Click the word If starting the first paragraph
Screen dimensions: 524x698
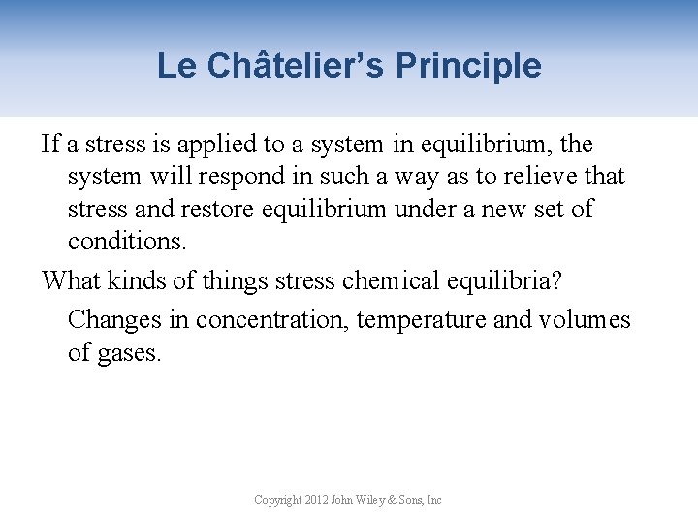(50, 145)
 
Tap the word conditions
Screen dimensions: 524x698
(126, 240)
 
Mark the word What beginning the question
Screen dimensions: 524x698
(71, 281)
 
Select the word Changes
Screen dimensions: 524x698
(112, 320)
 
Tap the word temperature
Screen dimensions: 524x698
(421, 320)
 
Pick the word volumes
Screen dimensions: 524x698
(585, 320)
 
